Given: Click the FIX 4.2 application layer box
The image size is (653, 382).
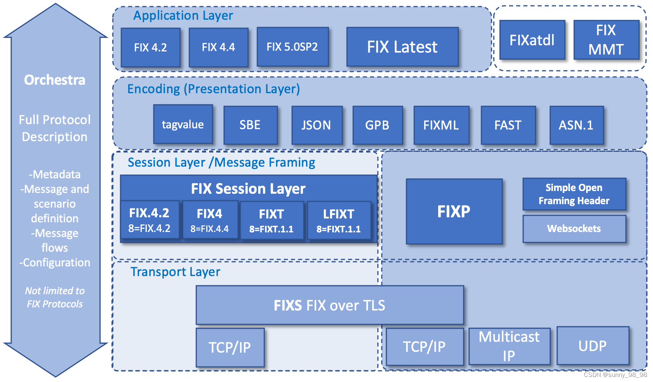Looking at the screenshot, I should (x=150, y=47).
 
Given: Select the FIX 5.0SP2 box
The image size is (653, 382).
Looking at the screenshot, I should (x=292, y=47).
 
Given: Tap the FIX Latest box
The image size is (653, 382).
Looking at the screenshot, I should (x=402, y=47).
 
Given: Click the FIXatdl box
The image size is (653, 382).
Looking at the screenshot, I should (x=532, y=40).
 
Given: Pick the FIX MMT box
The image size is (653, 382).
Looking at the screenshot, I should (x=606, y=40).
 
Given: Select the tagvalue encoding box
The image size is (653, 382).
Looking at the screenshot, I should (x=183, y=124).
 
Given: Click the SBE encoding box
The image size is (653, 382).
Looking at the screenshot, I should (x=250, y=125).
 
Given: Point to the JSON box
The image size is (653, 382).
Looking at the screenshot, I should (x=316, y=125).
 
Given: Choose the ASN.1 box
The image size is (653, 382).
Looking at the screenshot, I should (x=576, y=125).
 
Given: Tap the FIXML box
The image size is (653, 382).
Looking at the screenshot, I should (x=441, y=125).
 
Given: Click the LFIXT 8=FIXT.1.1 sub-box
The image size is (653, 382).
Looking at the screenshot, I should (x=338, y=221).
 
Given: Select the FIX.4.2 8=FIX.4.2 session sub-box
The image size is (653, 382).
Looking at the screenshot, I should (x=150, y=220).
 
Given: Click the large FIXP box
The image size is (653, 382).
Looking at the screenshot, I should (x=454, y=211).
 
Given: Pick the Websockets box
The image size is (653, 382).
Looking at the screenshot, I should (x=574, y=229).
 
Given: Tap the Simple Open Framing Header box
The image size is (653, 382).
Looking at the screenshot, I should (x=574, y=194).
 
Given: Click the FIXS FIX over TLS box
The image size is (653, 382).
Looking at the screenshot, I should (x=329, y=305).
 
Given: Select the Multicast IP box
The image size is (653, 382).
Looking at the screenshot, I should (x=509, y=346).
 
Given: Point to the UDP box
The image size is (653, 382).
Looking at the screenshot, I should (x=592, y=346).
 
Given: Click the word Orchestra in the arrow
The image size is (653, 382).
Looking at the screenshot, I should (x=54, y=80).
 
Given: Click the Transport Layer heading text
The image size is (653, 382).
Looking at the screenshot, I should (x=175, y=272).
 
